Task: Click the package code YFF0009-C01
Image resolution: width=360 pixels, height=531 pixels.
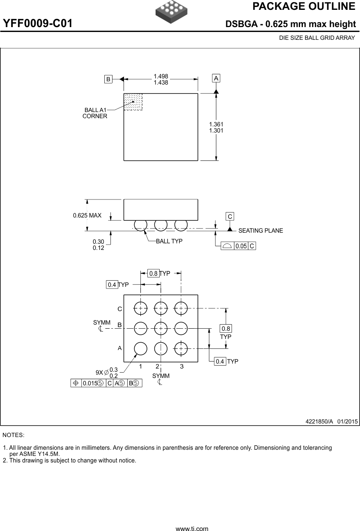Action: (38, 23)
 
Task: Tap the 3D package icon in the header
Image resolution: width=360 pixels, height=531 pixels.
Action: (172, 11)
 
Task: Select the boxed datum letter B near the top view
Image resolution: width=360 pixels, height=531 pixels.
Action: (108, 79)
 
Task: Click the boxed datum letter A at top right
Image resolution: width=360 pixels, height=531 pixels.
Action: (216, 78)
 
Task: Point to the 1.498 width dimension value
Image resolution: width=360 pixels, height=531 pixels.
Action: (161, 76)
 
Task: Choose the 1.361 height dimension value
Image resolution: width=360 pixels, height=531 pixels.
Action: (216, 124)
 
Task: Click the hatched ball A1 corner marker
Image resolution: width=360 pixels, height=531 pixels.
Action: (133, 102)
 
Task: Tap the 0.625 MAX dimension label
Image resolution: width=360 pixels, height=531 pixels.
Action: (87, 215)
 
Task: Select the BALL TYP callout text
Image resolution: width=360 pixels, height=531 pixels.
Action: (169, 241)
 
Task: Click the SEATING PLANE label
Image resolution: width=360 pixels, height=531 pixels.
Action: (261, 231)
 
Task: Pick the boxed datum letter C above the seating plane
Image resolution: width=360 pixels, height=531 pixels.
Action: (230, 216)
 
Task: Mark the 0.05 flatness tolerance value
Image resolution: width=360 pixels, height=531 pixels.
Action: (241, 246)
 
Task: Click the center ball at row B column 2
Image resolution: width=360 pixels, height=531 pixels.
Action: (161, 329)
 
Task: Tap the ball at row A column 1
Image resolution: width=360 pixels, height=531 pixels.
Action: (141, 349)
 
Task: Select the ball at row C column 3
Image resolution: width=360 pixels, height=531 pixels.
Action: (181, 309)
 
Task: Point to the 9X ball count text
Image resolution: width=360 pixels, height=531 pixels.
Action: (99, 373)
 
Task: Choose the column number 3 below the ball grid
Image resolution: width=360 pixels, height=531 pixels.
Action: (182, 366)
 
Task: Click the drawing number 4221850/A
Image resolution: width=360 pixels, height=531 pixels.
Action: (319, 421)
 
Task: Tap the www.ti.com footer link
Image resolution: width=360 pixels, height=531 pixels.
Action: (192, 529)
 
